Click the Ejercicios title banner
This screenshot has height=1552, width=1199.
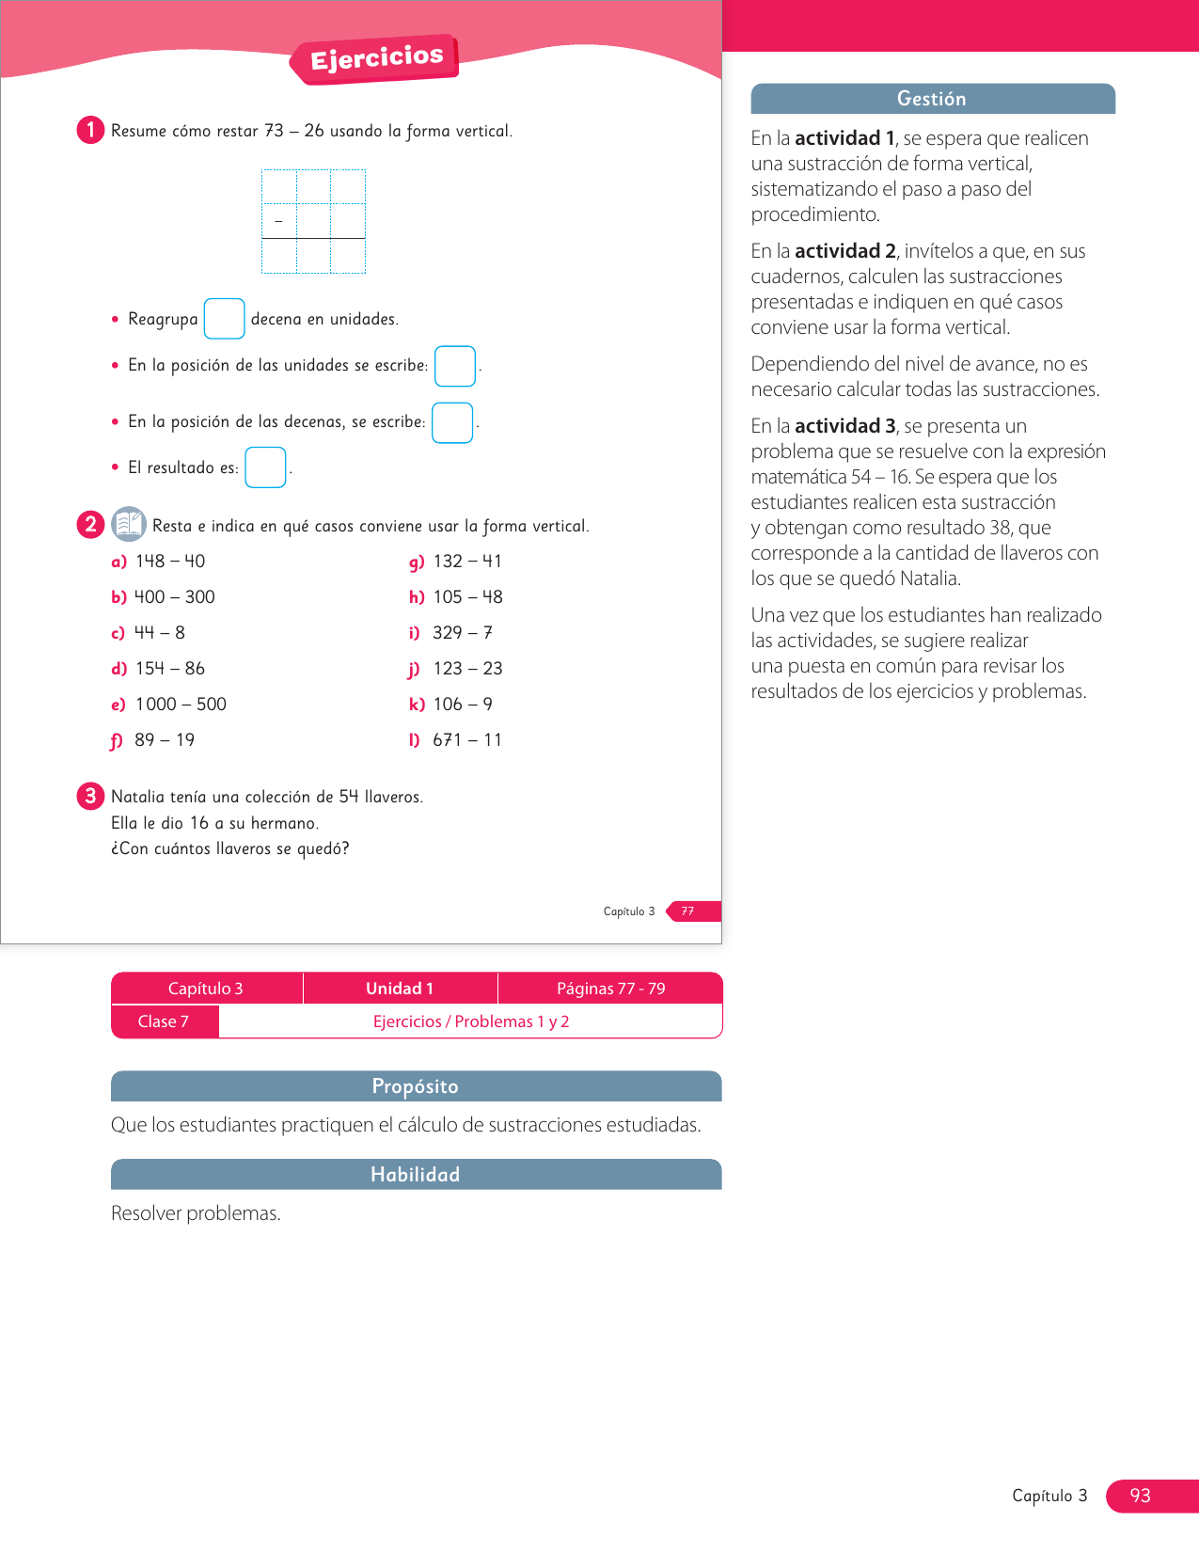click(x=376, y=58)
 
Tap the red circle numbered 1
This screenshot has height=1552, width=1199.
click(x=90, y=130)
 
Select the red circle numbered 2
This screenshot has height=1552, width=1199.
click(x=90, y=524)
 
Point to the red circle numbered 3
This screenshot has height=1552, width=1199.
click(x=90, y=796)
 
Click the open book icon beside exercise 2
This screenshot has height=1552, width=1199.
click(x=128, y=524)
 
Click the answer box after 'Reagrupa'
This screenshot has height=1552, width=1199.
click(x=224, y=319)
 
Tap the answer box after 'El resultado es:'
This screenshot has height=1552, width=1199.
click(x=265, y=467)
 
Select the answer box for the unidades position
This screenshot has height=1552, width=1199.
click(x=455, y=366)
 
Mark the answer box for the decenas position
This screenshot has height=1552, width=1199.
click(x=452, y=422)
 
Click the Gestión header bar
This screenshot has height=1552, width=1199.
click(x=932, y=99)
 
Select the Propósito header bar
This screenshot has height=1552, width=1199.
click(x=416, y=1086)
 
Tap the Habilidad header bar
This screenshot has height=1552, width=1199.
click(x=416, y=1175)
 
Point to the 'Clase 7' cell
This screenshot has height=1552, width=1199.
click(x=164, y=1021)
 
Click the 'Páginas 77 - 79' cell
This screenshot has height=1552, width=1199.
click(x=610, y=989)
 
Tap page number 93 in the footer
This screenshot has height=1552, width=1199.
click(x=1140, y=1496)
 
